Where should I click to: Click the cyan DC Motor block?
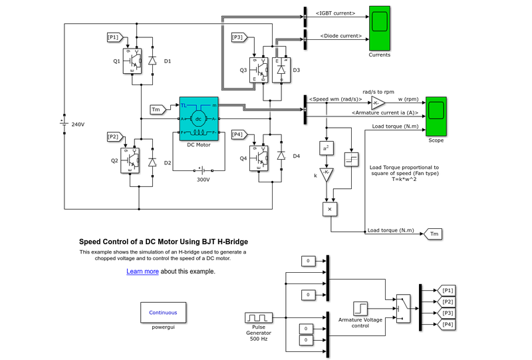[x=198, y=118]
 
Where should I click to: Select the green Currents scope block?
[x=380, y=30]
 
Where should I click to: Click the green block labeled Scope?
[x=436, y=116]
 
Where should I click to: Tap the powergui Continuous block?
[x=163, y=312]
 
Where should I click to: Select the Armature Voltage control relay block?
[x=360, y=308]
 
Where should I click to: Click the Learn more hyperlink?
[x=142, y=271]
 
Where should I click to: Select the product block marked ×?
[x=330, y=209]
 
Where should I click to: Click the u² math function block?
[x=327, y=148]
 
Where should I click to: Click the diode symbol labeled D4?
[x=281, y=156]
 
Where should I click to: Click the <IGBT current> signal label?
[x=336, y=13]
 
